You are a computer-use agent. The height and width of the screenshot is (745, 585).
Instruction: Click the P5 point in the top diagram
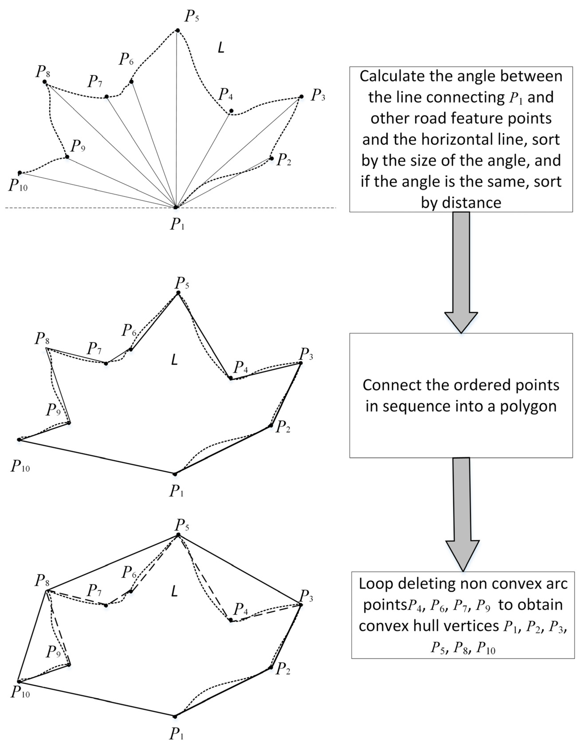178,31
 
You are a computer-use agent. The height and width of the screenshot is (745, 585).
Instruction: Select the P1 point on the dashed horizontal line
176,207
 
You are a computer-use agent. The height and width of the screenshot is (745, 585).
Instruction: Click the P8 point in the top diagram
44,82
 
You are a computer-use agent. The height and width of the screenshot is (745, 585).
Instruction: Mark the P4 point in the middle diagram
231,378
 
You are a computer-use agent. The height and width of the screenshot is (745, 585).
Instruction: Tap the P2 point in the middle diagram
271,425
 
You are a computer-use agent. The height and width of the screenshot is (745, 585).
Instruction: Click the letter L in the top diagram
221,48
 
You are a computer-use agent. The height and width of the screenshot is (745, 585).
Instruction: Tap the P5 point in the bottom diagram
178,535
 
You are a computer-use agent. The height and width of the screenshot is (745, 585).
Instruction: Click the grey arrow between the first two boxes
461,270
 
